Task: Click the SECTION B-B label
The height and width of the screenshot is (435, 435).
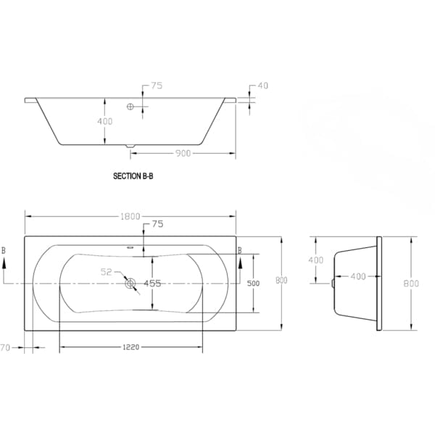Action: tap(133, 175)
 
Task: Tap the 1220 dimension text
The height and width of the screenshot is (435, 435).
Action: tap(130, 347)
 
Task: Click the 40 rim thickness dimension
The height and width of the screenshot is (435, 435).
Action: tap(262, 86)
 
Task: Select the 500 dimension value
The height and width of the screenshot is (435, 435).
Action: tap(252, 283)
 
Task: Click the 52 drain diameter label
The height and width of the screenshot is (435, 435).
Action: tap(106, 272)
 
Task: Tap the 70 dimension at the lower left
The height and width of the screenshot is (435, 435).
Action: tap(5, 347)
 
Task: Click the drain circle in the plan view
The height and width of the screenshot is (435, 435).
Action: tap(130, 283)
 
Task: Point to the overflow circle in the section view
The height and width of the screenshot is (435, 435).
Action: tap(131, 107)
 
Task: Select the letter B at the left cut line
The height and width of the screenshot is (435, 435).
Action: tap(4, 250)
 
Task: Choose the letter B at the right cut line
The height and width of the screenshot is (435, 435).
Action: tap(240, 250)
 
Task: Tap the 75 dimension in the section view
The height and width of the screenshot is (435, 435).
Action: tap(157, 86)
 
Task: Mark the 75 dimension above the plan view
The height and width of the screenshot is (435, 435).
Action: tap(157, 225)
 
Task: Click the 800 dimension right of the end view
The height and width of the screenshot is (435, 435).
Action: tap(412, 283)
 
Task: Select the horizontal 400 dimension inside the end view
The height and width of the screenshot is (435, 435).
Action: tap(358, 276)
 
